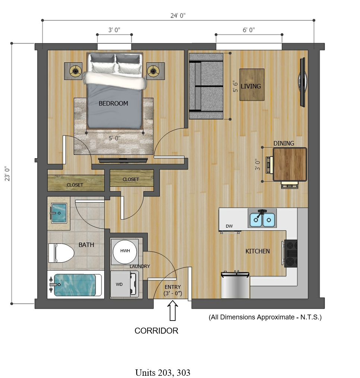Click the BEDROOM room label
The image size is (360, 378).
pos(113,103)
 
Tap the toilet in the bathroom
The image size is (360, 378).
pos(61,253)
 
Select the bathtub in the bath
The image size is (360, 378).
pos(75,285)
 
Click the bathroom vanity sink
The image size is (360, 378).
pos(59,213)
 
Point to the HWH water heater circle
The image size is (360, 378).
pos(125,252)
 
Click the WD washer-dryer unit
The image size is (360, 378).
pos(124,284)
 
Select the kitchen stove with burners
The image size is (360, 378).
pos(291,253)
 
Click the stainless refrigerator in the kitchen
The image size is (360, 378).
pos(235,285)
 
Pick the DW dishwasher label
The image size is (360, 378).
pos(229,226)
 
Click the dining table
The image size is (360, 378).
pos(290,164)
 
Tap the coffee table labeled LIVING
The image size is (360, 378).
pos(252,85)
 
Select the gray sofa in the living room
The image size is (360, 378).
pos(206,86)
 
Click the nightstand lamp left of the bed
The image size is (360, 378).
pos(75,71)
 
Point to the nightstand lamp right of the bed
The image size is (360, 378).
pos(153,71)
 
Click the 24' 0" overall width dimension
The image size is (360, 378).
pos(178,16)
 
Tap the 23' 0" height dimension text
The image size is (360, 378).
pos(7,174)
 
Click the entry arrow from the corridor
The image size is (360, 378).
pos(173,310)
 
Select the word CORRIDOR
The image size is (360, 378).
pos(156,331)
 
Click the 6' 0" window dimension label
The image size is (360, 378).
pos(249,30)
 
